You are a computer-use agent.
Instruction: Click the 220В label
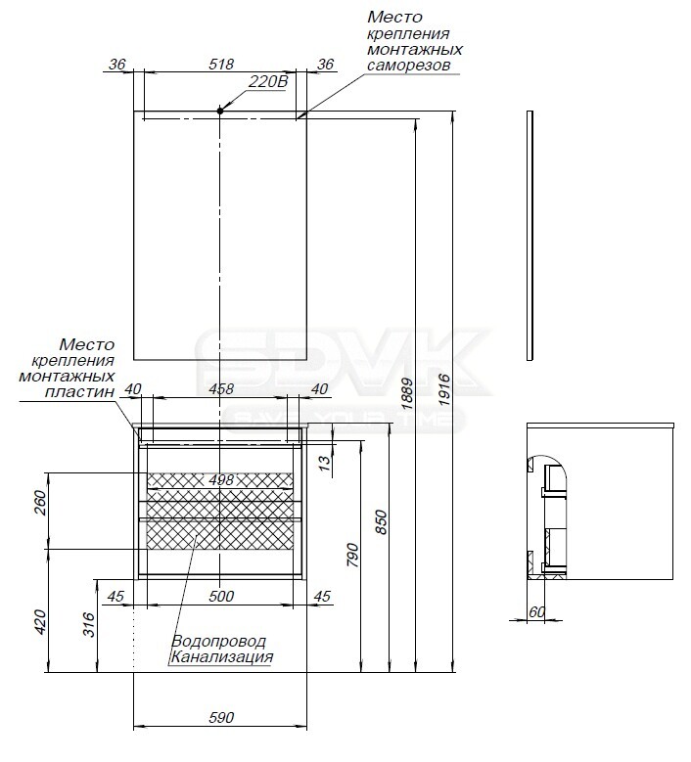[268, 81]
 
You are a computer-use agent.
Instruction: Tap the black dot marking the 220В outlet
[220, 111]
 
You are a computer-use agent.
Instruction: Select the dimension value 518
[221, 65]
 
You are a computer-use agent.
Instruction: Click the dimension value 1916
[444, 389]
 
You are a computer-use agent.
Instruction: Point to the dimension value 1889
[407, 393]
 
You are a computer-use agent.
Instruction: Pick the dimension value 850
[382, 522]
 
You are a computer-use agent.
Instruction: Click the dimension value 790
[353, 555]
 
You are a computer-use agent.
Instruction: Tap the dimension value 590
[221, 717]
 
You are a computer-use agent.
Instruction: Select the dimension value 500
[221, 596]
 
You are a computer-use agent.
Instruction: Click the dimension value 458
[221, 388]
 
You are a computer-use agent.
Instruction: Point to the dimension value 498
[221, 479]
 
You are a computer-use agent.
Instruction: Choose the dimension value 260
[40, 503]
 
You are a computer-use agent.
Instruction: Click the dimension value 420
[40, 621]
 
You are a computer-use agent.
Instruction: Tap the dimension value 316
[88, 624]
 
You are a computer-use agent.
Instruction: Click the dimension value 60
[537, 611]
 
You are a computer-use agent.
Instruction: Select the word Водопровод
[218, 642]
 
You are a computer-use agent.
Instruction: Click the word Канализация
[222, 657]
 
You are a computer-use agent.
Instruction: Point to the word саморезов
[408, 66]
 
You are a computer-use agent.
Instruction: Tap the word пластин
[79, 391]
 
